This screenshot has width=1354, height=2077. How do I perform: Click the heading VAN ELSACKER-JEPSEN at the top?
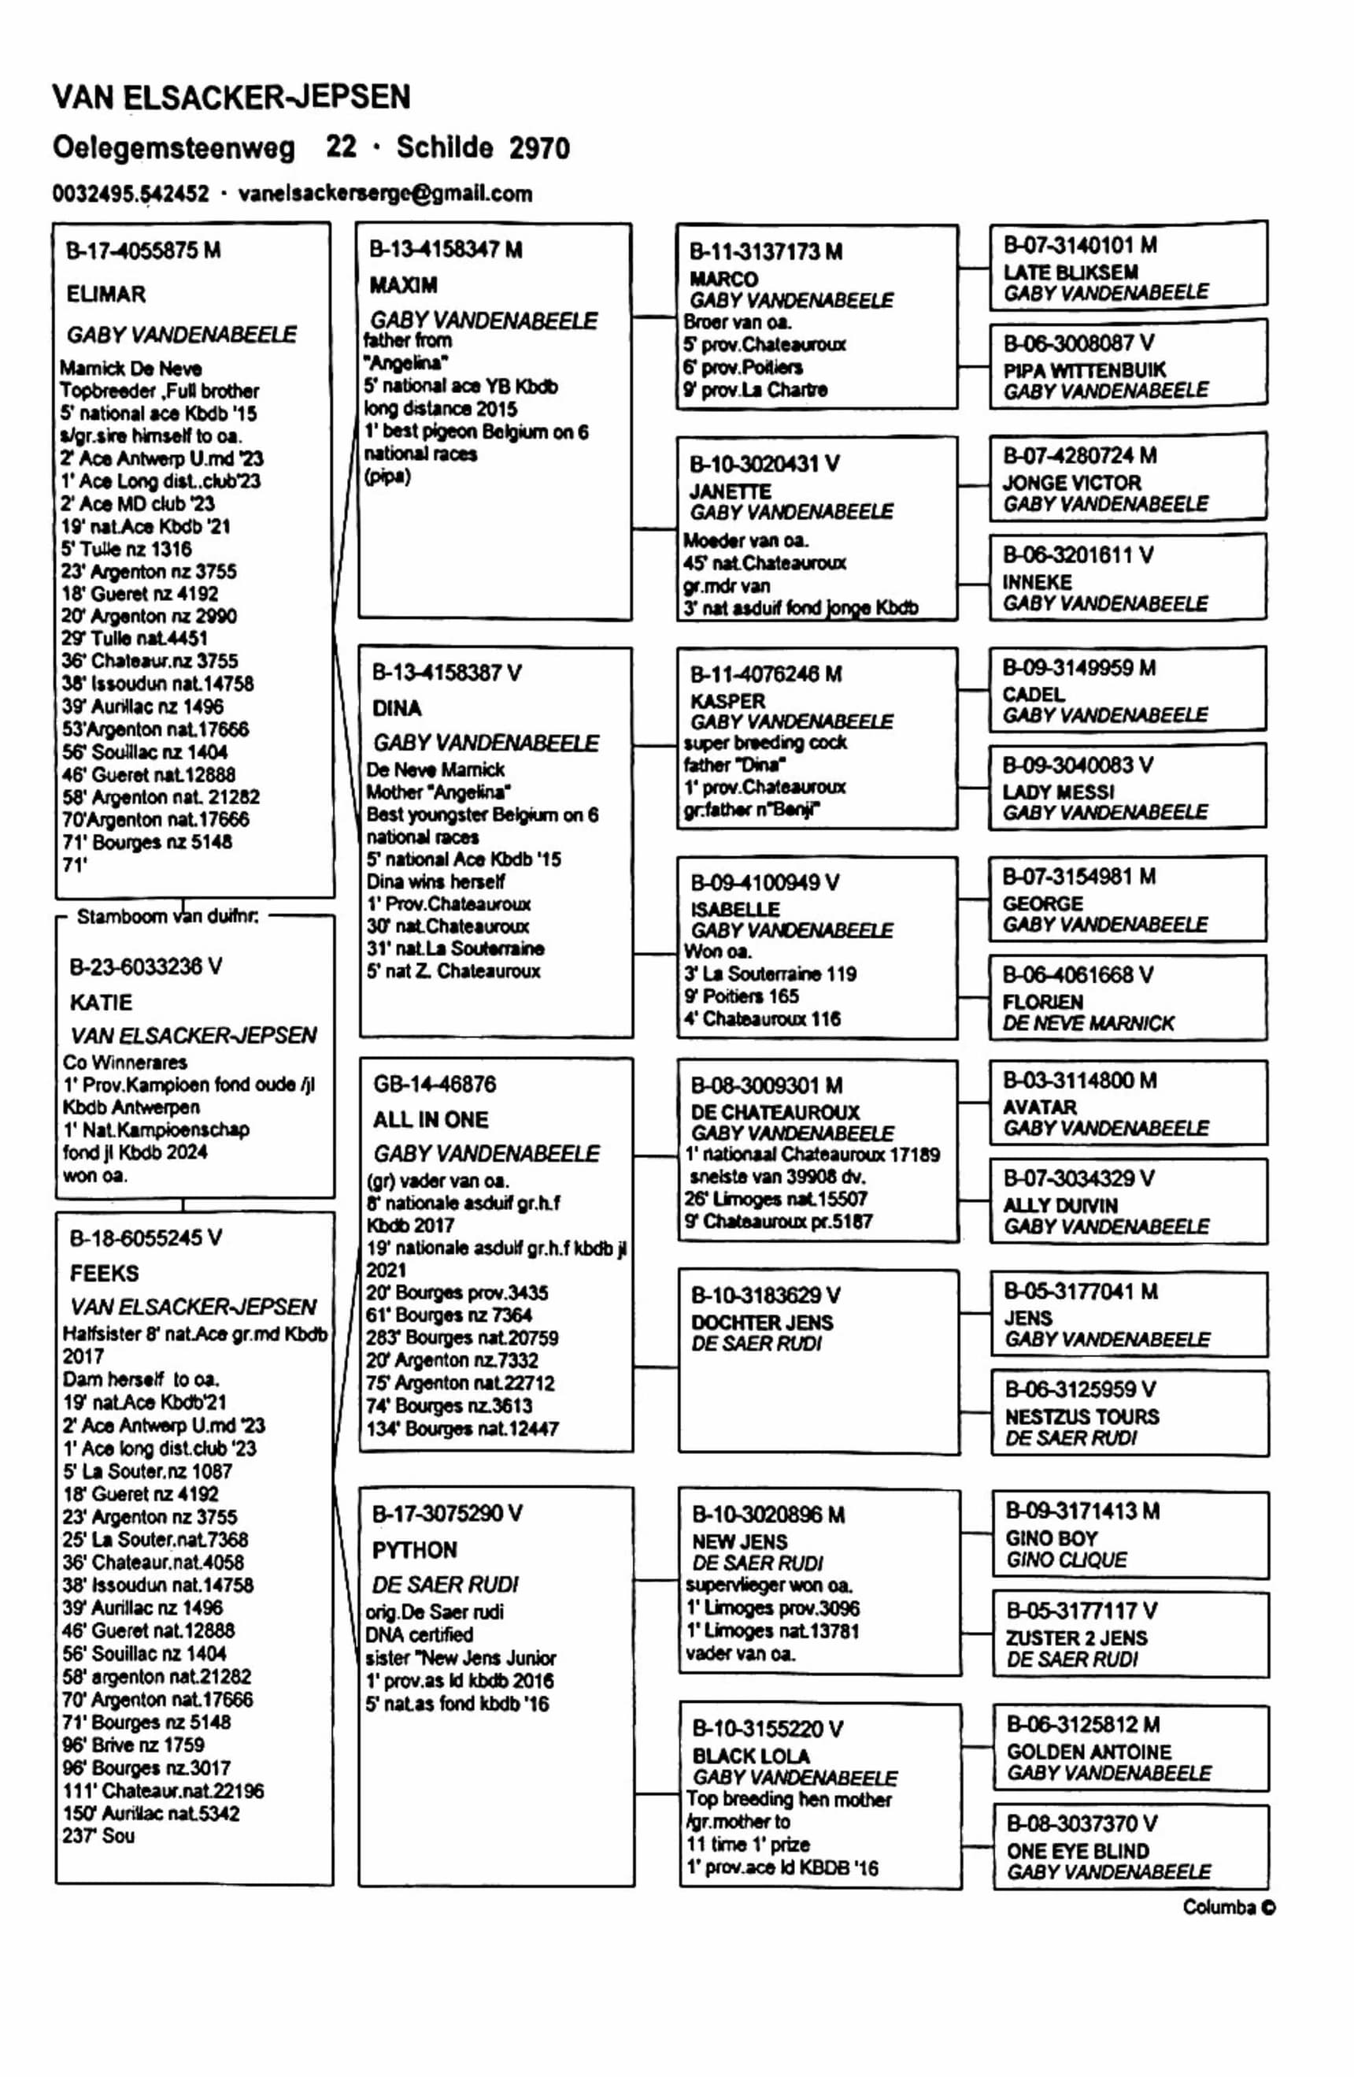click(x=231, y=97)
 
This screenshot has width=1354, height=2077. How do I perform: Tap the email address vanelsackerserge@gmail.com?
click(x=385, y=194)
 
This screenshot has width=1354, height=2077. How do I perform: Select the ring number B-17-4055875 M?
click(x=143, y=251)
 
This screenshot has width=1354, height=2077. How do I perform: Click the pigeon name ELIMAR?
click(x=105, y=294)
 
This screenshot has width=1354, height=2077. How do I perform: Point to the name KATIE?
click(x=102, y=1002)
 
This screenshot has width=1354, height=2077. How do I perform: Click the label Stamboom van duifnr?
click(x=167, y=916)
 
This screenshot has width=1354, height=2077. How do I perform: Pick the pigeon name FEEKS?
click(x=104, y=1274)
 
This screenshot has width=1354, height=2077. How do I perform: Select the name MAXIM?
click(x=403, y=285)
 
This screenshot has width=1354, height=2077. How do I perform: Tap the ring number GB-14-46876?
click(x=435, y=1084)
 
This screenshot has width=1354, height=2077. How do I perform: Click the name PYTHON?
click(x=414, y=1550)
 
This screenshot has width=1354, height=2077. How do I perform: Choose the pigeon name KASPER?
click(x=727, y=701)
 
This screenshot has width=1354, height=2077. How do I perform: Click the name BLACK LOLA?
click(x=750, y=1756)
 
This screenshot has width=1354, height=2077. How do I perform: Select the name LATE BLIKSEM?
click(x=1071, y=273)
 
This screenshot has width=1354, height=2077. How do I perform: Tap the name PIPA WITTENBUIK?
click(x=1085, y=370)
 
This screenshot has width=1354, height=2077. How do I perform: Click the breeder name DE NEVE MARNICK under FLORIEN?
click(x=1088, y=1023)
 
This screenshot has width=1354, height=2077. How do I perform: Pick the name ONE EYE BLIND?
click(x=1078, y=1851)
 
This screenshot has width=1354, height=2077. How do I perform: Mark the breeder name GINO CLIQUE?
click(x=1066, y=1560)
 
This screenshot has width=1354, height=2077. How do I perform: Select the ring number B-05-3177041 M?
click(x=1081, y=1291)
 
